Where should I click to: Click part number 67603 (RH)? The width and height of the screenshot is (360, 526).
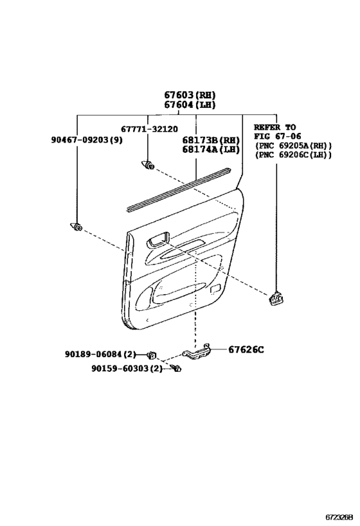pyautogui.click(x=190, y=95)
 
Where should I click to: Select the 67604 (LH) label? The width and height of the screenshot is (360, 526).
pyautogui.click(x=190, y=105)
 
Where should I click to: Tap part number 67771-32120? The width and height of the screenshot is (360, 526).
pyautogui.click(x=149, y=129)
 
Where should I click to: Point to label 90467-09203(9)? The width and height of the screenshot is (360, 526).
pyautogui.click(x=87, y=140)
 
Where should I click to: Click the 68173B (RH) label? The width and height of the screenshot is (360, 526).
pyautogui.click(x=211, y=140)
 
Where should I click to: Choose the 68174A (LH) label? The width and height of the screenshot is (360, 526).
pyautogui.click(x=211, y=150)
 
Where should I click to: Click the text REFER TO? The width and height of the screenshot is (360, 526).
pyautogui.click(x=274, y=127)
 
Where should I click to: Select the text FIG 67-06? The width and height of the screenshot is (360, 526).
pyautogui.click(x=277, y=136)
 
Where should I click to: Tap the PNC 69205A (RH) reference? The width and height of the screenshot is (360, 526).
pyautogui.click(x=293, y=146)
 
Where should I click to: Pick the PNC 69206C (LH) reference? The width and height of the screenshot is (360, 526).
pyautogui.click(x=293, y=155)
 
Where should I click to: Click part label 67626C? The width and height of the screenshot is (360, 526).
pyautogui.click(x=246, y=349)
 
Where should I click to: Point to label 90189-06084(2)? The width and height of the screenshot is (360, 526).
pyautogui.click(x=100, y=355)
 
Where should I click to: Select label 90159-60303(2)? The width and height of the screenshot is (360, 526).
pyautogui.click(x=127, y=369)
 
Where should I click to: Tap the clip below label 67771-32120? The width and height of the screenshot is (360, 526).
pyautogui.click(x=148, y=164)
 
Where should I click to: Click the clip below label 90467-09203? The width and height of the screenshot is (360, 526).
pyautogui.click(x=76, y=227)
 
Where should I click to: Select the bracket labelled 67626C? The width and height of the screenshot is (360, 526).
pyautogui.click(x=197, y=352)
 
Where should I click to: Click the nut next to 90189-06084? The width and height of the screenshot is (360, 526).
pyautogui.click(x=153, y=355)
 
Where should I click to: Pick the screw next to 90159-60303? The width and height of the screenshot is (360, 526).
pyautogui.click(x=176, y=368)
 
